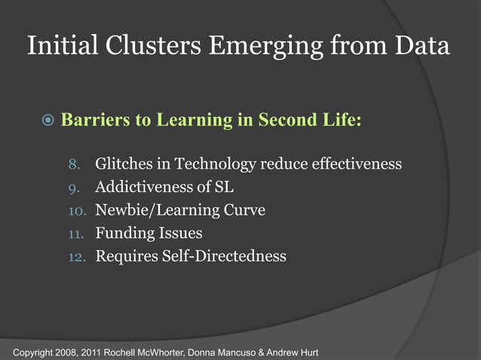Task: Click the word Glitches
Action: click(x=125, y=163)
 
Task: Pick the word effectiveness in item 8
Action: click(x=351, y=163)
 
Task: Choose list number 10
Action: click(x=75, y=211)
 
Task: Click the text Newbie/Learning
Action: click(x=158, y=210)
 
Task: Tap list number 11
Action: click(x=75, y=234)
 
